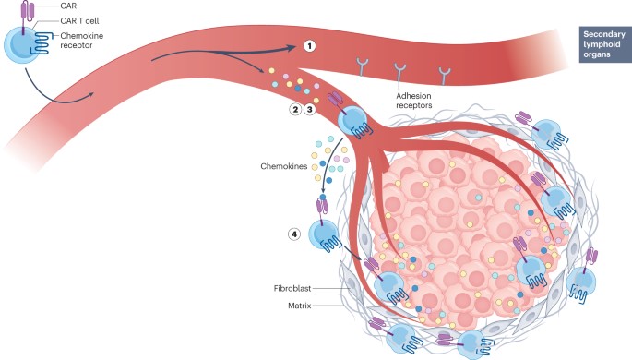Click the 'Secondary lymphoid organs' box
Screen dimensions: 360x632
[x=602, y=42]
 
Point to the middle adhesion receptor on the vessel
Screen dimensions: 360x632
[x=399, y=69]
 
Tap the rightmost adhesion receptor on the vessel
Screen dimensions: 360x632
[x=445, y=73]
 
